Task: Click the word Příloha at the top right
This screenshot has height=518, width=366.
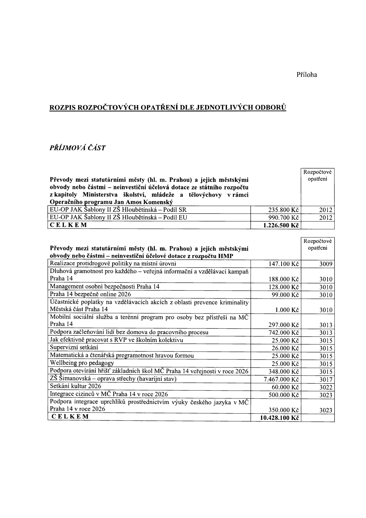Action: click(307, 75)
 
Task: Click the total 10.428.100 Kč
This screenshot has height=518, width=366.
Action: click(280, 418)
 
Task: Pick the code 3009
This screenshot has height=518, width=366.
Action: click(326, 264)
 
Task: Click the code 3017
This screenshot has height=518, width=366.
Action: click(326, 379)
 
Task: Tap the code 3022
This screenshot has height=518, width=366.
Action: click(326, 387)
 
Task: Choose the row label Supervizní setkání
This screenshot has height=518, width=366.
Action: click(74, 348)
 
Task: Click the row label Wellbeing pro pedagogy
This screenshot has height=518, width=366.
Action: click(82, 363)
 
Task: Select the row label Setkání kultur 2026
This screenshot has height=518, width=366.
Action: click(76, 386)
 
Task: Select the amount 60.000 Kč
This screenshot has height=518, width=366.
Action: click(285, 387)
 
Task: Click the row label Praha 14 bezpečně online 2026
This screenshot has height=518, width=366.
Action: click(90, 294)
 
